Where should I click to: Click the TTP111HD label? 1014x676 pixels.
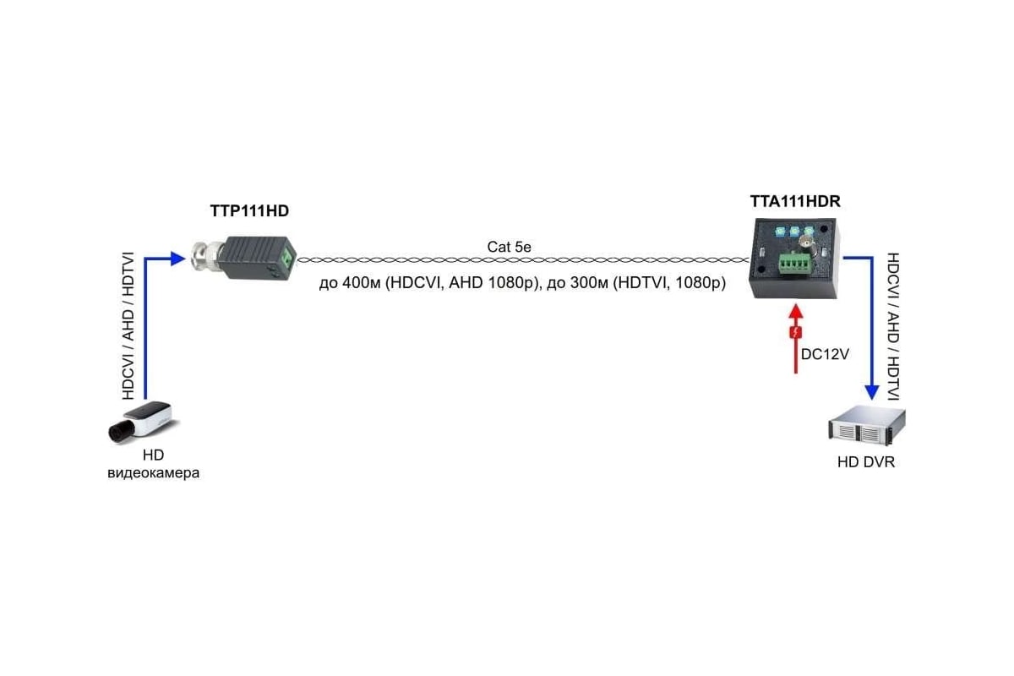(249, 211)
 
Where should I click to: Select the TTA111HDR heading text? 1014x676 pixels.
(795, 201)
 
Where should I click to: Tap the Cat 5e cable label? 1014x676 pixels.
(510, 247)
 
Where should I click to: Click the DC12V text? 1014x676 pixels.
(825, 354)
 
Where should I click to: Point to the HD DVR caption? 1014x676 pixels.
(866, 462)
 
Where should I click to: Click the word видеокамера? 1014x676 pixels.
(153, 473)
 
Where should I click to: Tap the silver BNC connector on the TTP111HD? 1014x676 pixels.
(207, 256)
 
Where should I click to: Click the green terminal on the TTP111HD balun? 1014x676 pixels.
(287, 259)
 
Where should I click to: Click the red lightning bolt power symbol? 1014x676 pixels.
(796, 332)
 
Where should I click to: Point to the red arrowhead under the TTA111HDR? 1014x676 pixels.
(796, 312)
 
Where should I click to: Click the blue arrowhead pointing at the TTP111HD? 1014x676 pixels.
(178, 259)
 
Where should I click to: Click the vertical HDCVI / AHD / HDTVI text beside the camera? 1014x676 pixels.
(128, 326)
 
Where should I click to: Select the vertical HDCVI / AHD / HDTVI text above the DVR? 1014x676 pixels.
(892, 326)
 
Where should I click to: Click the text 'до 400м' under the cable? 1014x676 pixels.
(350, 283)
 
